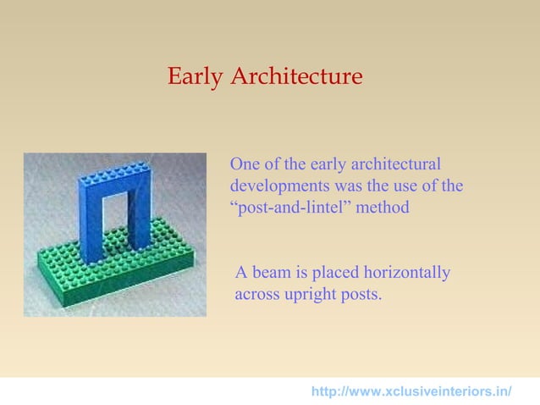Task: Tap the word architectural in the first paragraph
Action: pyautogui.click(x=396, y=164)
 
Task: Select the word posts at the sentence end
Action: pyautogui.click(x=361, y=294)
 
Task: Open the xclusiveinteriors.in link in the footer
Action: pyautogui.click(x=411, y=391)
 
